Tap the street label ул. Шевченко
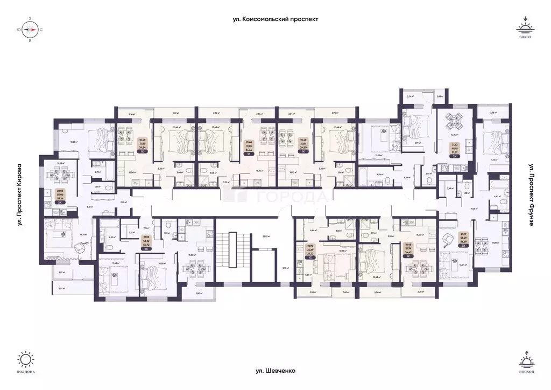pos(275,371)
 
